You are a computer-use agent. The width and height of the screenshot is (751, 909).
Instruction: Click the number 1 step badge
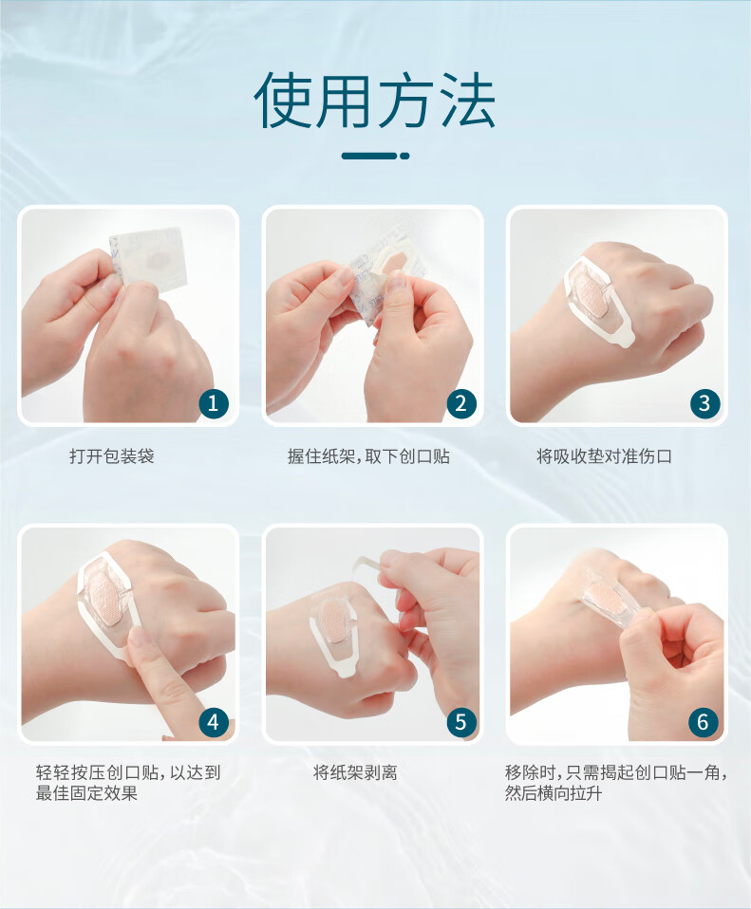point(213,403)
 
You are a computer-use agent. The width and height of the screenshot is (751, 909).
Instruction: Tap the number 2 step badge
point(461,403)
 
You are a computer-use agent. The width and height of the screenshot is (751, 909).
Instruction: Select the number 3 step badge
point(704,403)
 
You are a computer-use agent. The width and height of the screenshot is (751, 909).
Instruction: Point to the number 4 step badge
point(213,722)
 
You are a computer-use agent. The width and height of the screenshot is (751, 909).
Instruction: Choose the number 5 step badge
point(461,722)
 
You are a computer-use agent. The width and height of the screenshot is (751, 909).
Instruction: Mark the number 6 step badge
point(703,722)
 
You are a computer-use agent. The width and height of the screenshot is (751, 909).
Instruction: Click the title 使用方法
point(375,101)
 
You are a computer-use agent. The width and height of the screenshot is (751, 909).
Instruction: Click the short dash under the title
point(375,156)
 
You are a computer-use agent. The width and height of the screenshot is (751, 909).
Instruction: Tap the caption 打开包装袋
point(112,456)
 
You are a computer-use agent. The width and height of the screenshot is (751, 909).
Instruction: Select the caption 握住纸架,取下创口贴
point(368,456)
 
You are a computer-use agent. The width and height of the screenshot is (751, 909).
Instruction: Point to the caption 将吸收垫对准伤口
point(604,456)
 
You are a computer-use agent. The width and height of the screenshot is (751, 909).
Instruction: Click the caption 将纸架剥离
point(355,772)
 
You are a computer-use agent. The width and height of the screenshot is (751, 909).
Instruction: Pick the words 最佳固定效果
point(86,793)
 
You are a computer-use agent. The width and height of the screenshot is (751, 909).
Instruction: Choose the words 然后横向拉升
point(554,793)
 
